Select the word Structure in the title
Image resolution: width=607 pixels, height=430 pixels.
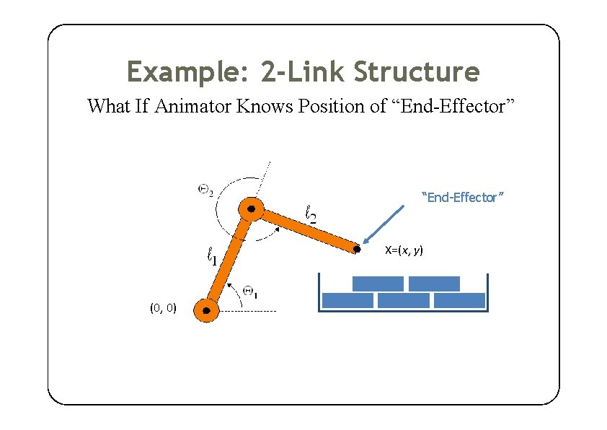(x=416, y=72)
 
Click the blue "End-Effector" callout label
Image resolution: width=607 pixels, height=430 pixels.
(x=462, y=197)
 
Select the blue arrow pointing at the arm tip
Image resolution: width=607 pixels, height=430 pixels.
(x=384, y=224)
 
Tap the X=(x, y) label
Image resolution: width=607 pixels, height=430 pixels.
(x=404, y=250)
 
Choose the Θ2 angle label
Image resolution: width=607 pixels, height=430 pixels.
(x=205, y=190)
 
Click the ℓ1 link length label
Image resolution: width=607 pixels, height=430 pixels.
(x=213, y=255)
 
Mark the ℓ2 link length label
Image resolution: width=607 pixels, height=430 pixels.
(x=311, y=213)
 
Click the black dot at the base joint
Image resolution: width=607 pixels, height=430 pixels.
(x=207, y=311)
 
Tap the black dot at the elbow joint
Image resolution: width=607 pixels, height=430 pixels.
(x=252, y=209)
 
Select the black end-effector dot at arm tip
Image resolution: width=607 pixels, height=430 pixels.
(x=357, y=250)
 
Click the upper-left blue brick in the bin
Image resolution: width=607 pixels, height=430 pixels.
(x=378, y=284)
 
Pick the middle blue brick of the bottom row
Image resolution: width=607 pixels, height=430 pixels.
(x=404, y=300)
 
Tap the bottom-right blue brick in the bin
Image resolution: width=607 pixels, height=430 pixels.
(x=460, y=300)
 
